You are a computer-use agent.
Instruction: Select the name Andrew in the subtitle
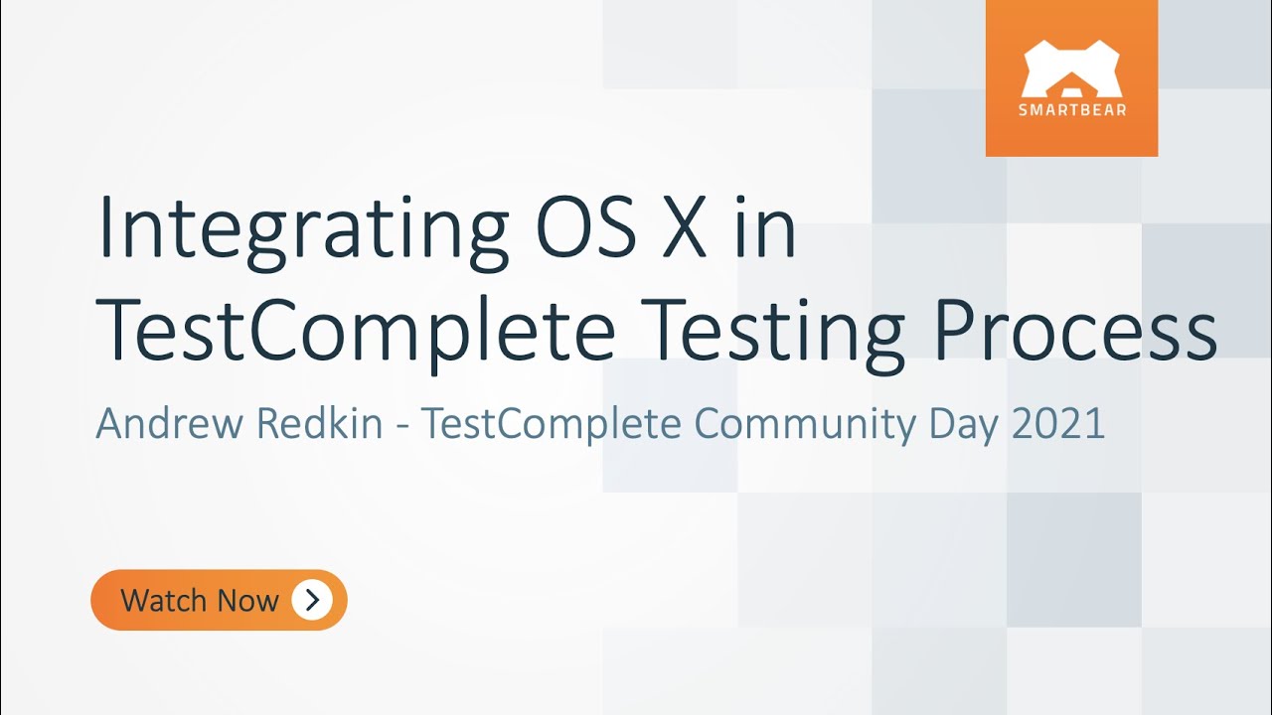pyautogui.click(x=170, y=424)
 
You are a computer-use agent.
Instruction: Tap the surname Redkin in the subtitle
pyautogui.click(x=319, y=424)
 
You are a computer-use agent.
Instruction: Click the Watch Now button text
pyautogui.click(x=200, y=600)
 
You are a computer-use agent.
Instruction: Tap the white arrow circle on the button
pyautogui.click(x=312, y=600)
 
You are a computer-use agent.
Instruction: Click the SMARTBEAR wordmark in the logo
pyautogui.click(x=1071, y=110)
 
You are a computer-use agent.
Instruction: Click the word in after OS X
pyautogui.click(x=766, y=228)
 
